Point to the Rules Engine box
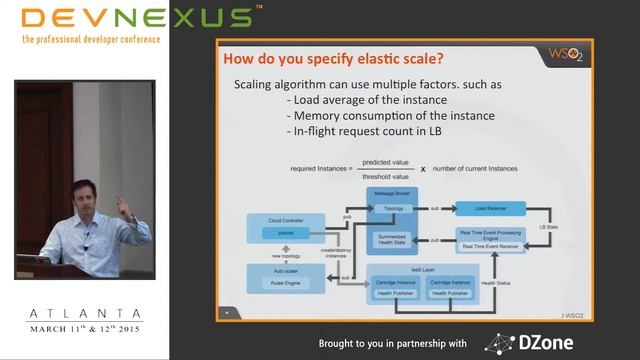pos(286,282)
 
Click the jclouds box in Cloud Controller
pos(286,233)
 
